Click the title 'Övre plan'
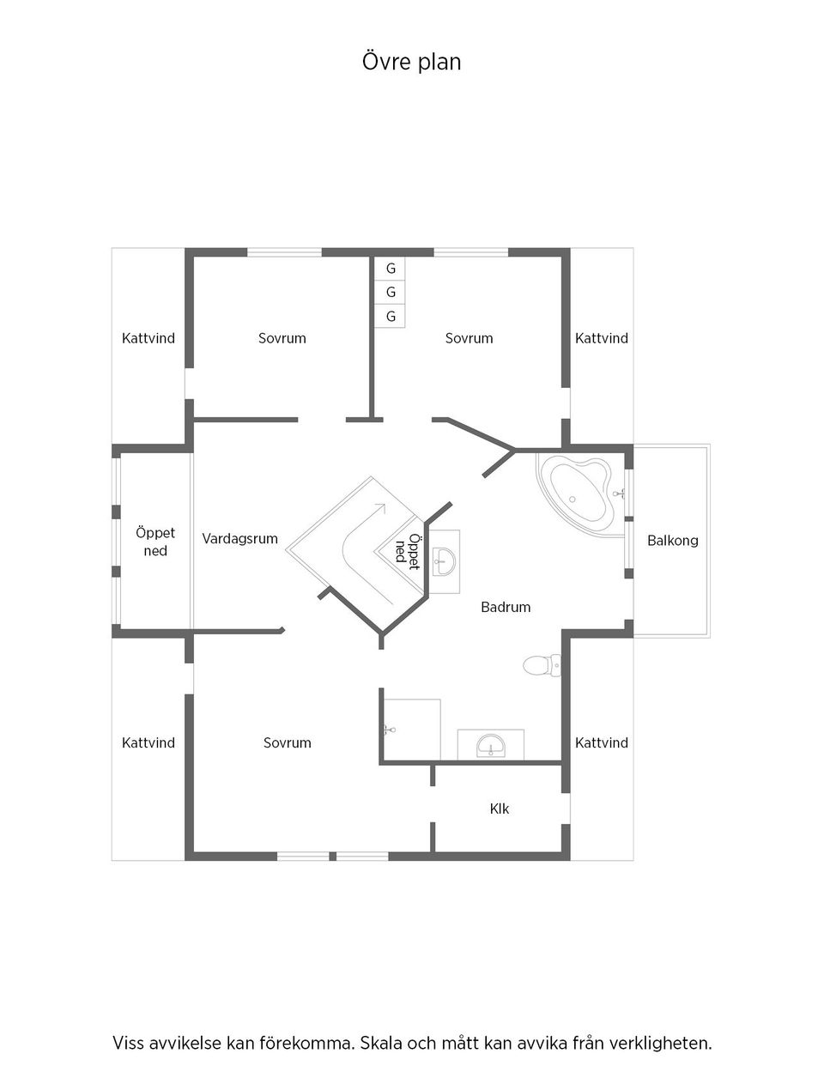411,62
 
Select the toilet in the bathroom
541,664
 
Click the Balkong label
672,541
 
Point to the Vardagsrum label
240,539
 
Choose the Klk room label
500,808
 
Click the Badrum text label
506,607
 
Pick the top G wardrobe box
391,269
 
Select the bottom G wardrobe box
391,317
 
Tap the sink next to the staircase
444,563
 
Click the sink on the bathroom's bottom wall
490,745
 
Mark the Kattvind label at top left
148,338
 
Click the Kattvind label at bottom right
602,743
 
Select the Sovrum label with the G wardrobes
469,338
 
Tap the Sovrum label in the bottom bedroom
287,743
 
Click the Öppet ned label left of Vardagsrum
155,542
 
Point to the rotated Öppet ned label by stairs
407,552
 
